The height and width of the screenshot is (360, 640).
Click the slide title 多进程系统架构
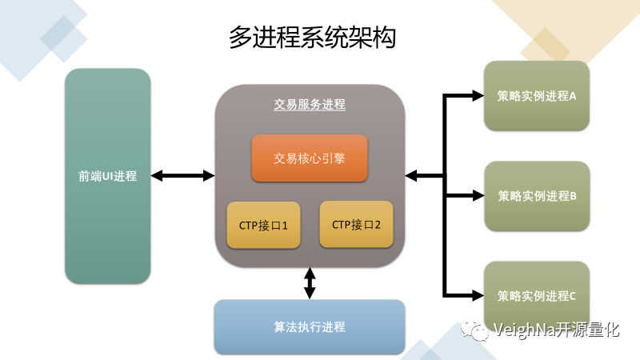[x=312, y=37]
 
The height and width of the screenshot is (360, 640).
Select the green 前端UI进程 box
[x=108, y=176]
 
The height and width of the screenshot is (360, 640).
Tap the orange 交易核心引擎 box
[x=310, y=158]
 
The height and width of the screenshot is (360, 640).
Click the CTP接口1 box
[x=263, y=225]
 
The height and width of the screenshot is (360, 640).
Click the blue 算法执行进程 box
[x=310, y=326]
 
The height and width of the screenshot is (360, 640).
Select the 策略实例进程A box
[x=537, y=96]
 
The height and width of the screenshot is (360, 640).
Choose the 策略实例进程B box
[x=537, y=195]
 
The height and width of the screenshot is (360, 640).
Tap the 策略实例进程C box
[x=537, y=295]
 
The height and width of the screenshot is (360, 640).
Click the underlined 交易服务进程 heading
[x=310, y=105]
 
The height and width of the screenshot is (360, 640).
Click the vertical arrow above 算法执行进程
[x=310, y=283]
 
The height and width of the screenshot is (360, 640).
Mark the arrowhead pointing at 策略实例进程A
[x=477, y=96]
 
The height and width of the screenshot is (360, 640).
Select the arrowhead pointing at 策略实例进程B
[x=477, y=195]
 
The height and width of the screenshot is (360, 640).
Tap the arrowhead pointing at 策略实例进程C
[x=477, y=295]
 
